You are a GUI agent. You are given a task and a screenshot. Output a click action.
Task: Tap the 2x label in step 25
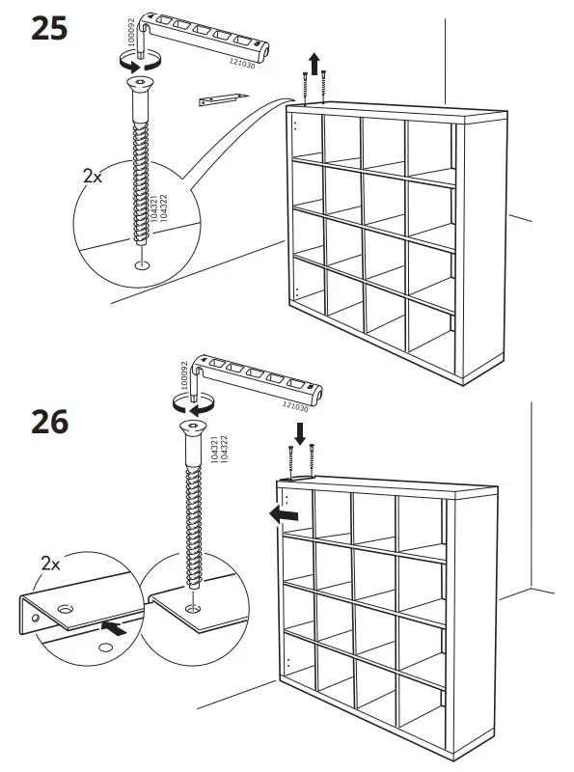click(x=93, y=178)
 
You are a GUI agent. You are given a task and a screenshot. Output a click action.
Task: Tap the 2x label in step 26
click(x=51, y=563)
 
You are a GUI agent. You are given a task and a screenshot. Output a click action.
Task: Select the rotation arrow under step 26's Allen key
click(x=189, y=403)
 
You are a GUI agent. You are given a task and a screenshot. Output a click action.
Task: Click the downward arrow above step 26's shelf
click(x=300, y=432)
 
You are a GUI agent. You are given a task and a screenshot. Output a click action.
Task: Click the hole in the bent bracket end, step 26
click(x=65, y=610)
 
